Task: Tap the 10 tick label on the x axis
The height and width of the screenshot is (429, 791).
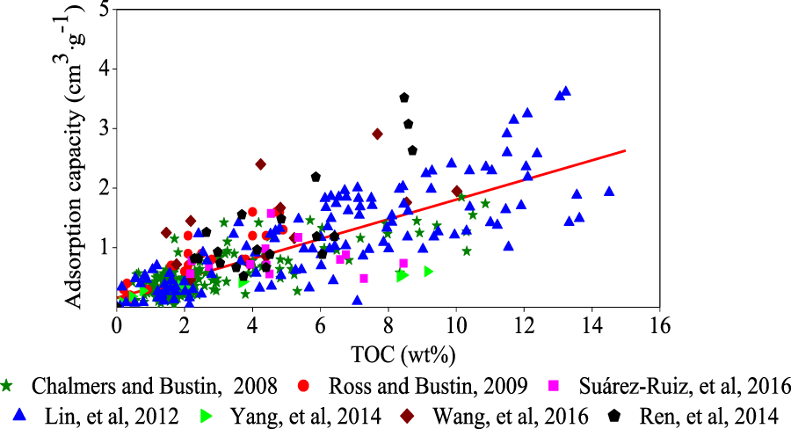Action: point(455,325)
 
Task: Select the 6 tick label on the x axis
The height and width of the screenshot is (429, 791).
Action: point(320,325)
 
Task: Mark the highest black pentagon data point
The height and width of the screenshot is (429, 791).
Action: point(404,98)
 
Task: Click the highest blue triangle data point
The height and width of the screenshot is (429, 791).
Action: point(566,91)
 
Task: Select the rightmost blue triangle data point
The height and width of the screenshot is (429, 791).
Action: point(609,191)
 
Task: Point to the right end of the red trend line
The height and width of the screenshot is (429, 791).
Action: point(625,150)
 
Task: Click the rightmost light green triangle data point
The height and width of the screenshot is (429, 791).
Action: point(429,272)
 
